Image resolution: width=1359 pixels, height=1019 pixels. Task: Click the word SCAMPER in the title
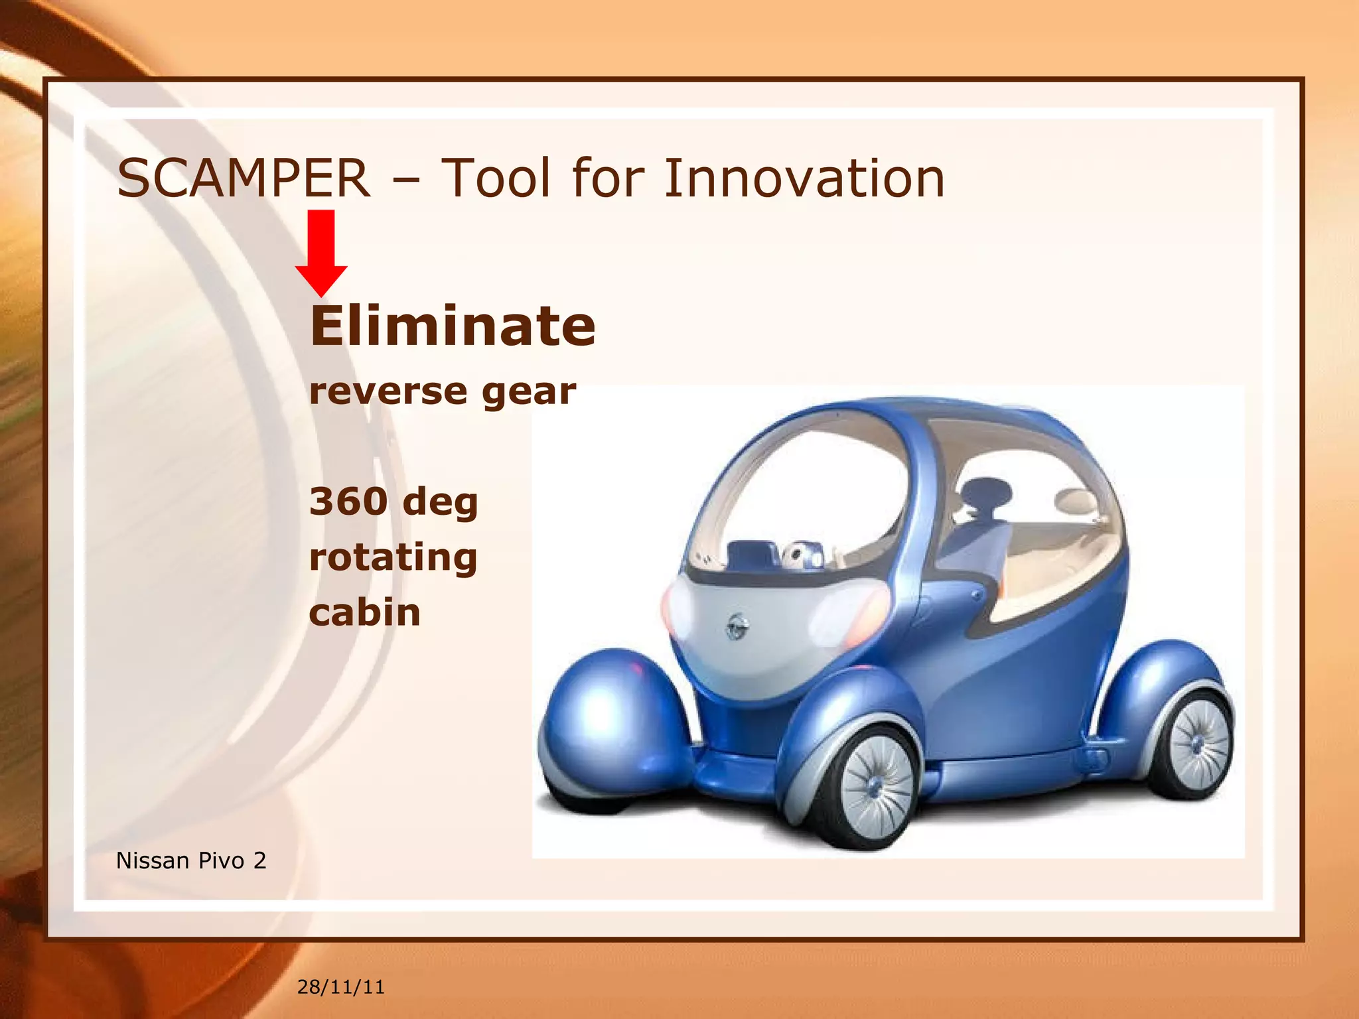pyautogui.click(x=243, y=178)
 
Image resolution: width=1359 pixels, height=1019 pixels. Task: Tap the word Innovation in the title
pyautogui.click(x=804, y=178)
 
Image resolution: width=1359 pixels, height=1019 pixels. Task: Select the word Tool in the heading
pyautogui.click(x=496, y=178)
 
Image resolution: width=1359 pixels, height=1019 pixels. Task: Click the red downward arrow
pyautogui.click(x=321, y=252)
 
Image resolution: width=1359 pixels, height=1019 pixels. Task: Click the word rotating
pyautogui.click(x=393, y=557)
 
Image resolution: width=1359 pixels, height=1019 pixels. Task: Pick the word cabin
pyautogui.click(x=364, y=612)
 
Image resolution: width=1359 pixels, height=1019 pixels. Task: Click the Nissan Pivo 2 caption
pyautogui.click(x=191, y=860)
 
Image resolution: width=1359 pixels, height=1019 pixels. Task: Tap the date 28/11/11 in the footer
pyautogui.click(x=340, y=986)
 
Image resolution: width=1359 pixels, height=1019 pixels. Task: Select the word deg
pyautogui.click(x=440, y=502)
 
